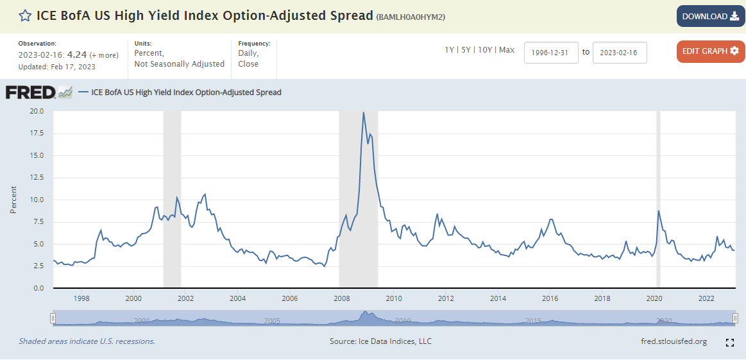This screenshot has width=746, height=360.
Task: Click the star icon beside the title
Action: [25, 16]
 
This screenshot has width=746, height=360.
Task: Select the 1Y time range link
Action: [450, 50]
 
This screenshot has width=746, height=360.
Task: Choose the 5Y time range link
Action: [467, 50]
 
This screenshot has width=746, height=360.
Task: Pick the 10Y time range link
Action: [486, 50]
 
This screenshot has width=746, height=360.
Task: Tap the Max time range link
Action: [507, 50]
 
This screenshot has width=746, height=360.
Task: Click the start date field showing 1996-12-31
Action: [551, 53]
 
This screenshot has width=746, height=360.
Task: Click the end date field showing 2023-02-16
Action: [620, 53]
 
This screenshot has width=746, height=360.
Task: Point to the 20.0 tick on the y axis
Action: [37, 111]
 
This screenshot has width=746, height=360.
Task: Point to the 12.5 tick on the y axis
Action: [37, 178]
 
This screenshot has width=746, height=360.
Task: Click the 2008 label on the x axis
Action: [342, 298]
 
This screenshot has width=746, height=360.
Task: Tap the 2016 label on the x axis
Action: [550, 298]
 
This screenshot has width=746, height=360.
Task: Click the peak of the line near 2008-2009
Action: [364, 113]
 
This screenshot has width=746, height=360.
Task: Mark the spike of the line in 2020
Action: [659, 211]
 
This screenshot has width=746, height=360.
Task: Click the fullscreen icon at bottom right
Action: [729, 343]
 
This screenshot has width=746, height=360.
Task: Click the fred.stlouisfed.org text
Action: [674, 341]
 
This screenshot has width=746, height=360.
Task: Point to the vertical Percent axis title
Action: [13, 200]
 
